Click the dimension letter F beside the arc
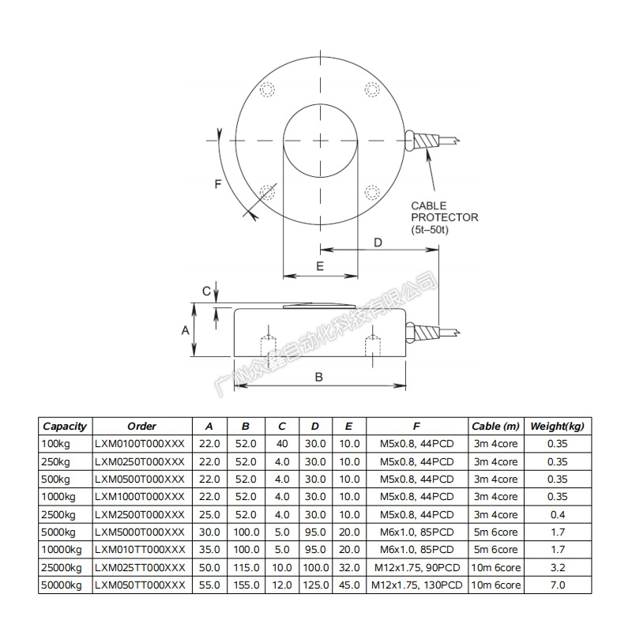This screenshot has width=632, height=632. (x=218, y=184)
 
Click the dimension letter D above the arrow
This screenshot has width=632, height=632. (x=378, y=243)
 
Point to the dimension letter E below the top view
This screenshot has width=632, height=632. (x=320, y=266)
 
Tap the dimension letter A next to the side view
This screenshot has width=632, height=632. (x=185, y=330)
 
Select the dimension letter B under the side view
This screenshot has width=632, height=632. (x=319, y=377)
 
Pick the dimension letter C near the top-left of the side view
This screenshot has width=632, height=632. (x=206, y=291)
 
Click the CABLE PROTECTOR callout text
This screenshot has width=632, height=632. (x=444, y=218)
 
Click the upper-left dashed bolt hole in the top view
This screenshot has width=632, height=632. (x=267, y=89)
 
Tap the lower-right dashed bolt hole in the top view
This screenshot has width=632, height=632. (x=372, y=192)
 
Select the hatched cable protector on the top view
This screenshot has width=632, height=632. (x=427, y=141)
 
